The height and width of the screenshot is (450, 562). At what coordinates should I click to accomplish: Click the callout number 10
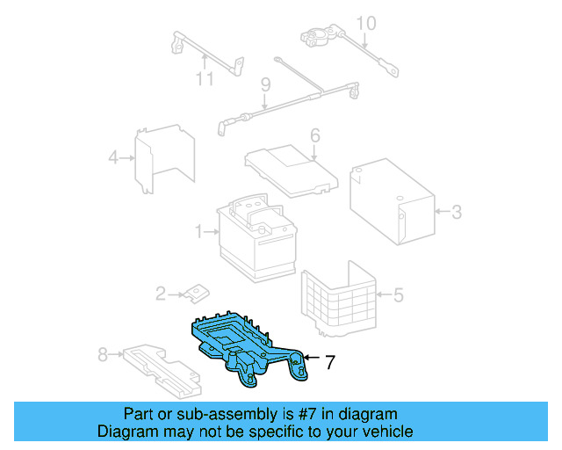[365, 23]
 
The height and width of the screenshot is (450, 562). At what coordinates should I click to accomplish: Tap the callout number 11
[204, 80]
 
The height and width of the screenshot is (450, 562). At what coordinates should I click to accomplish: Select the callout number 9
[263, 84]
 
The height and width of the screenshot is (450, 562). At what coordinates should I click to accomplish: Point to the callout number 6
[314, 135]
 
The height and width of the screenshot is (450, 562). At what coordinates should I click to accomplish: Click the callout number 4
[113, 158]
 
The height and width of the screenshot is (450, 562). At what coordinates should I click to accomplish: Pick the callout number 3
[456, 211]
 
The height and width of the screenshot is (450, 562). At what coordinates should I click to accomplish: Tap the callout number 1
[200, 232]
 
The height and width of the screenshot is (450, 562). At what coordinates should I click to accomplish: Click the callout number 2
[161, 294]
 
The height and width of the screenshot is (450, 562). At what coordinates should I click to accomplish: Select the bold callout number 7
[329, 361]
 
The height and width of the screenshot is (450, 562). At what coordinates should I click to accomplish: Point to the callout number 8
[103, 354]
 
